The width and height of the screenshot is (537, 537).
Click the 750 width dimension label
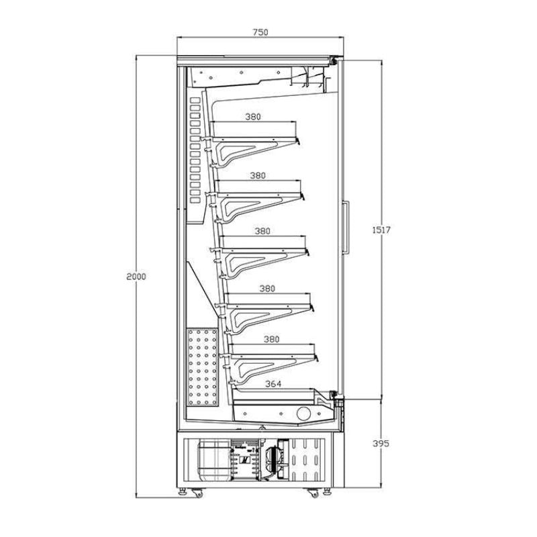point(261,32)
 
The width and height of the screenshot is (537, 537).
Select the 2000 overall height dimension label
point(136,276)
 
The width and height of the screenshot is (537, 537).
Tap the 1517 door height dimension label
point(381,230)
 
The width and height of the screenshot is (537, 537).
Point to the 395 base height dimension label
point(381,444)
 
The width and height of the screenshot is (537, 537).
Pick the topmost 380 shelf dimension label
point(252,116)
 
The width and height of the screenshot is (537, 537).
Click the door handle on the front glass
point(346,228)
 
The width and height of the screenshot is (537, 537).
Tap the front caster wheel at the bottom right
point(313,493)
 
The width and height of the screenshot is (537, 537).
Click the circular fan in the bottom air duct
point(305,413)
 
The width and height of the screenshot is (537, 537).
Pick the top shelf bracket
point(255,148)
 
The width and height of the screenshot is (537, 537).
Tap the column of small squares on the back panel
point(195,148)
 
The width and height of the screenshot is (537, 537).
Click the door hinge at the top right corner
point(332,62)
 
